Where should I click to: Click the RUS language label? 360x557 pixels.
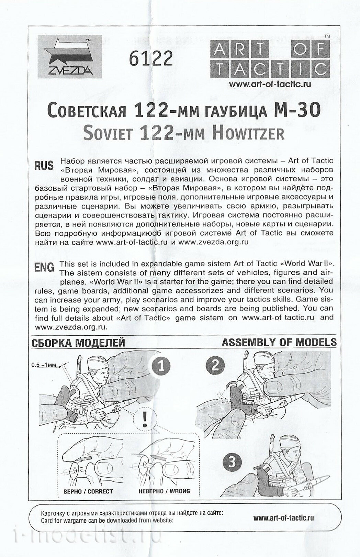(x=44, y=165)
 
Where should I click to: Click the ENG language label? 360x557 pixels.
(x=44, y=267)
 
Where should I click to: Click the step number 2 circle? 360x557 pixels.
(x=215, y=365)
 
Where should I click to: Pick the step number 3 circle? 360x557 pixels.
(x=232, y=462)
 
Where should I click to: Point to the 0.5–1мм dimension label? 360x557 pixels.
(x=44, y=365)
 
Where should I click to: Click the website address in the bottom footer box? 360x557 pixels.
(x=283, y=518)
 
